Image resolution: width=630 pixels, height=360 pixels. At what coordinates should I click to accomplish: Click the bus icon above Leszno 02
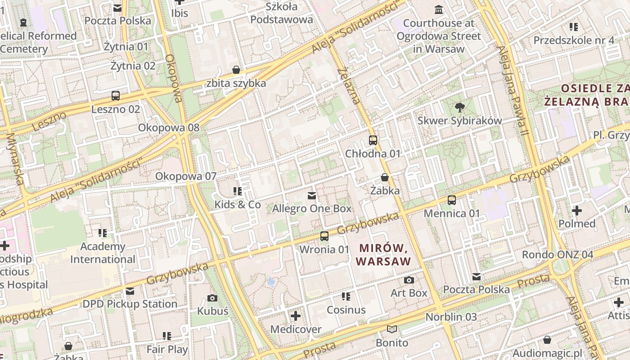(116, 95)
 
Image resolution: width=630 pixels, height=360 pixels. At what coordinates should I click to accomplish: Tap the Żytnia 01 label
(126, 46)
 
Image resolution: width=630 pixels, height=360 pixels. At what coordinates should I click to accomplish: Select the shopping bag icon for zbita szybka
(236, 70)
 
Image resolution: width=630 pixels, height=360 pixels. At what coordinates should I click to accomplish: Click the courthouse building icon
(438, 9)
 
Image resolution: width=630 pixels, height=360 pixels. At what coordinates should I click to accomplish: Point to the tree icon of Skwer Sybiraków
(459, 107)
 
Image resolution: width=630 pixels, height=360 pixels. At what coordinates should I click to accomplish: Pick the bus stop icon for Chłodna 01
(373, 140)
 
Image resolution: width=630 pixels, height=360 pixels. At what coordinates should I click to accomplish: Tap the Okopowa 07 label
(186, 176)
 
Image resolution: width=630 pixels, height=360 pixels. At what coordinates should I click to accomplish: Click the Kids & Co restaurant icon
(238, 191)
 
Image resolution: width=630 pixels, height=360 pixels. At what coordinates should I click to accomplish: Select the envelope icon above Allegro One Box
(311, 195)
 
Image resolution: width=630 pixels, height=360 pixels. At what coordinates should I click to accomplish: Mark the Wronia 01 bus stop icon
(324, 236)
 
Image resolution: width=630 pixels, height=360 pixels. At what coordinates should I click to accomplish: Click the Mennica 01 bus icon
(452, 200)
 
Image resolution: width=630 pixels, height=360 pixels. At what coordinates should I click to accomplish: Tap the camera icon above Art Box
(409, 280)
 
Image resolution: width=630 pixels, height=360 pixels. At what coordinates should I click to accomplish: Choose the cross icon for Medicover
(296, 316)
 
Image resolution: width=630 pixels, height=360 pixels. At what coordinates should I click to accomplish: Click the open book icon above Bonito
(392, 329)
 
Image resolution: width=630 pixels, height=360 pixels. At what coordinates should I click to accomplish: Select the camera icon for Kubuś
(212, 297)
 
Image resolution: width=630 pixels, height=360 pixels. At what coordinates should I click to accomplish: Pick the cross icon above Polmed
(576, 210)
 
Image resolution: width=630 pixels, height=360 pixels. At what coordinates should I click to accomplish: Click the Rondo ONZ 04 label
(558, 255)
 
